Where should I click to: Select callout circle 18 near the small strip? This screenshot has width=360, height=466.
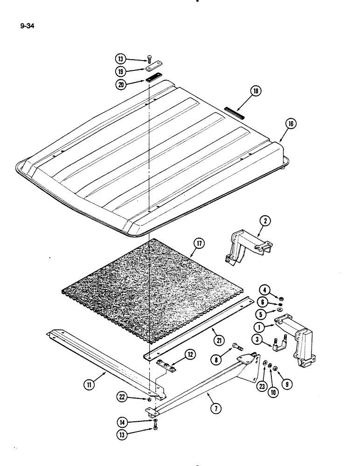[256, 93]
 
